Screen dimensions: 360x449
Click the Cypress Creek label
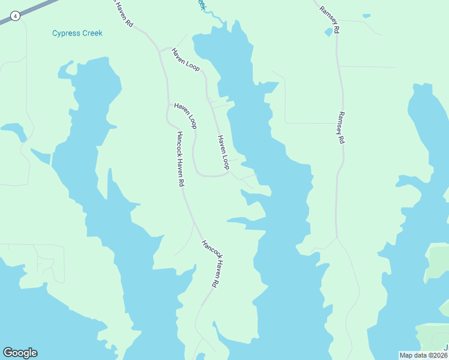[77, 33]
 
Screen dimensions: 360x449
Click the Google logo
[20, 353]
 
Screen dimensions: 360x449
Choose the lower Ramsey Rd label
[341, 127]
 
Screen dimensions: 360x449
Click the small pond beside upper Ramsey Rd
[328, 32]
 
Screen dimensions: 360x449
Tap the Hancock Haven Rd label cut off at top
[123, 13]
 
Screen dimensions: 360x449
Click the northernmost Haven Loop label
[185, 60]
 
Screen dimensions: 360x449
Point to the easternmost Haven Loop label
[223, 152]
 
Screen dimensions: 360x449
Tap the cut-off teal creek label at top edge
[202, 4]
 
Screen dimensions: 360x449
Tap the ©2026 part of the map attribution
[436, 355]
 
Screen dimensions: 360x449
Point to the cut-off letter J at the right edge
[446, 348]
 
